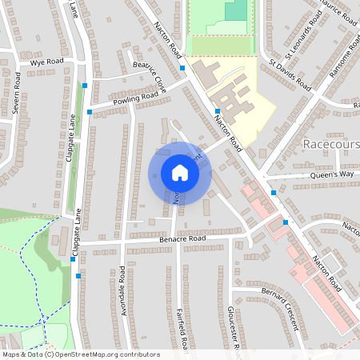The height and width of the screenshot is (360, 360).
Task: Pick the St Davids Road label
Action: [x=290, y=73]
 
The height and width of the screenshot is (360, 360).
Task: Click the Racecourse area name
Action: [x=332, y=145]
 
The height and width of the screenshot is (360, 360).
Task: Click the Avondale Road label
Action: [x=124, y=290]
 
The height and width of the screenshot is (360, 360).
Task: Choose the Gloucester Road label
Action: [x=235, y=328]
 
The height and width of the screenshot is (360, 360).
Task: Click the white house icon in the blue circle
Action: [x=179, y=172]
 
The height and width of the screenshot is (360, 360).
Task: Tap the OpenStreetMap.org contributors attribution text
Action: [x=104, y=354]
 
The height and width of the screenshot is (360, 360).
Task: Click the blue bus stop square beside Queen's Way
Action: [x=274, y=193]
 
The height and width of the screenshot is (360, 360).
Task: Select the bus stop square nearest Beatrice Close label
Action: [x=183, y=68]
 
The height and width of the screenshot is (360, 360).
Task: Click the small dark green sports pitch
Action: [x=236, y=10]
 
